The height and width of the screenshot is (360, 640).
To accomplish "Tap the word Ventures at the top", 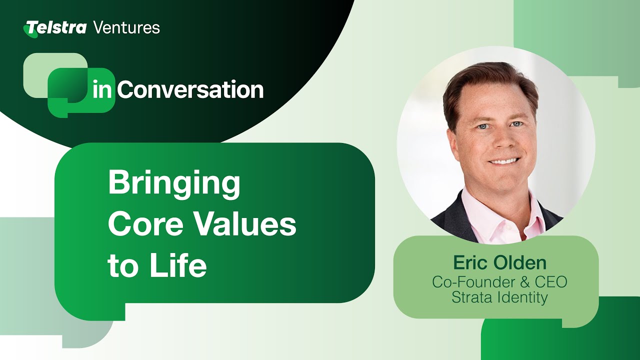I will (126, 27).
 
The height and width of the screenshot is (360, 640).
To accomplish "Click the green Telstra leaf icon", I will (30, 30).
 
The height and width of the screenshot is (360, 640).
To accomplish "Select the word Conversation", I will (190, 90).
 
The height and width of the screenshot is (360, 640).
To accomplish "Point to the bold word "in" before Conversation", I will (102, 90).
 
